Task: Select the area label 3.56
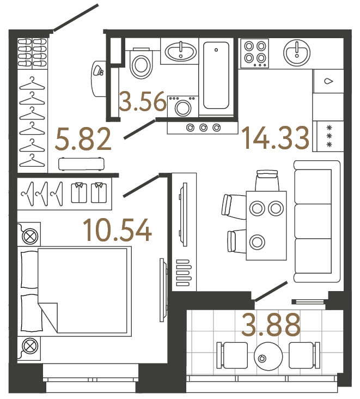pos(142,102)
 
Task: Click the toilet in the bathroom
pos(141,64)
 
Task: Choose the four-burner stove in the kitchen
pos(254,53)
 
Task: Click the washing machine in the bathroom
pos(181,106)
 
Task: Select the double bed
pos(76,290)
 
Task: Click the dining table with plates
pos(265,225)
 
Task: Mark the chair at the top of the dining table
pos(267,180)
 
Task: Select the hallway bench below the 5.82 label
pos(81,163)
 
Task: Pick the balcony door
pos(270,291)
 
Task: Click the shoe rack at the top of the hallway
pos(33,52)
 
